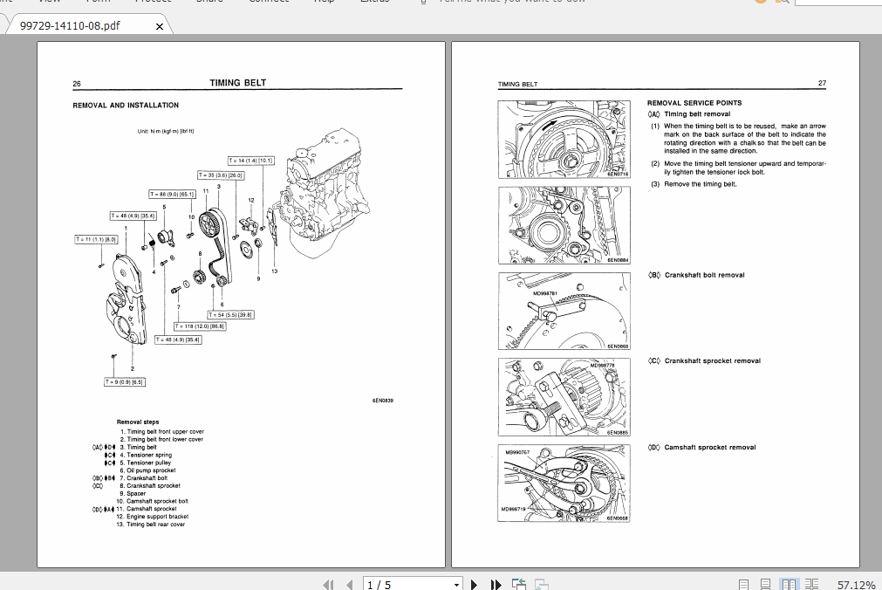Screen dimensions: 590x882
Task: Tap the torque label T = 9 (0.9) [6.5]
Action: pos(125,381)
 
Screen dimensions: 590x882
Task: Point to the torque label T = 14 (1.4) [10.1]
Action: pos(251,161)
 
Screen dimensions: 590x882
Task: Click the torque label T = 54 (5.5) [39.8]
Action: pos(230,314)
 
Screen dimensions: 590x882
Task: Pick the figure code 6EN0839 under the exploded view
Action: pos(382,401)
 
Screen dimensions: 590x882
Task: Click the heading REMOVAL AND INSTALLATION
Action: pos(126,106)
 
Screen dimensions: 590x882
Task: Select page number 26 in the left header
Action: pos(77,84)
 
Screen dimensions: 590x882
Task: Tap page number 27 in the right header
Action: pos(821,84)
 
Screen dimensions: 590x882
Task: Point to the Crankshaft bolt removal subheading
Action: pos(704,275)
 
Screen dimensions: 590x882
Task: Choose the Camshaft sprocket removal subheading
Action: pos(709,448)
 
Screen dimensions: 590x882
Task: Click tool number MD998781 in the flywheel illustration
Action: pos(544,293)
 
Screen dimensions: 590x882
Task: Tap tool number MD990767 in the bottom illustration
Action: pos(517,452)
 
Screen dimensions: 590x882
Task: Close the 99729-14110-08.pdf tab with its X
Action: pos(159,26)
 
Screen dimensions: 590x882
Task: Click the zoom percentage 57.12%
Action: pos(856,585)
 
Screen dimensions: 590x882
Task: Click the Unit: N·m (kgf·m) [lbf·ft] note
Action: pos(166,132)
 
